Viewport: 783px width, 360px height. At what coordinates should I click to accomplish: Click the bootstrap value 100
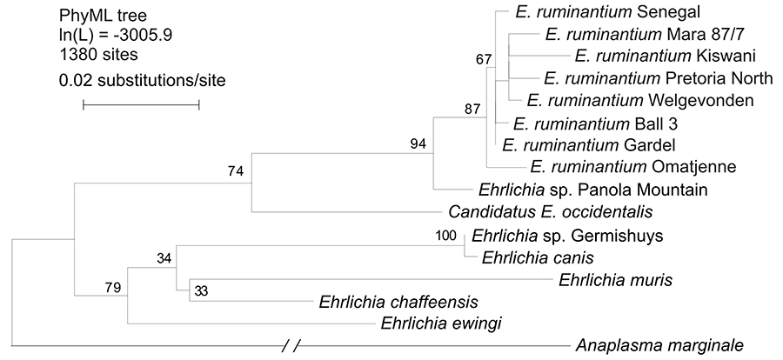tap(445, 235)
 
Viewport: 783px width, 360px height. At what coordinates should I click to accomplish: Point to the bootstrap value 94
tap(419, 144)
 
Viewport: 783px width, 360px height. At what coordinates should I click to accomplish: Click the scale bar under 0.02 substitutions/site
tap(141, 105)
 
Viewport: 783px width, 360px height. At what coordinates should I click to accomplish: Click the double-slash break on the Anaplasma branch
tap(291, 346)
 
